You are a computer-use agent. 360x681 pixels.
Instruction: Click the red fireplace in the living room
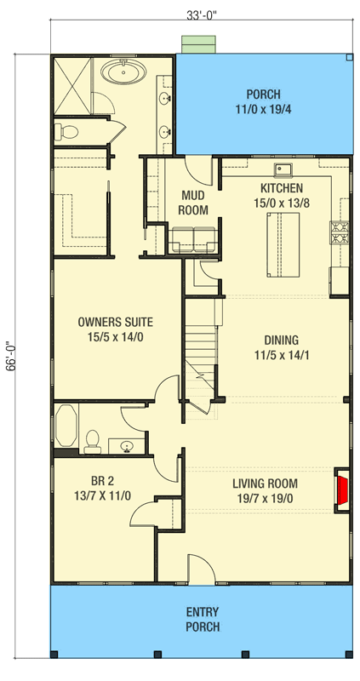point(342,491)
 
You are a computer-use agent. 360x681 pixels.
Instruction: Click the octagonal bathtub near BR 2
point(66,427)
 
